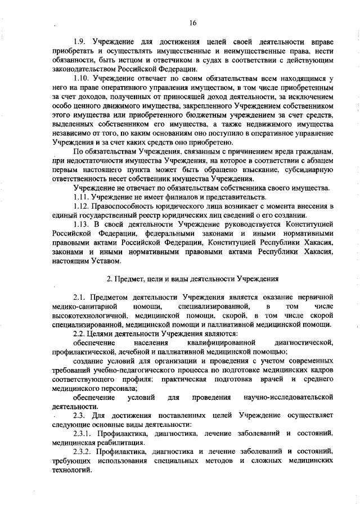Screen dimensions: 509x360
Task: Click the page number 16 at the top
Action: tap(192, 22)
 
